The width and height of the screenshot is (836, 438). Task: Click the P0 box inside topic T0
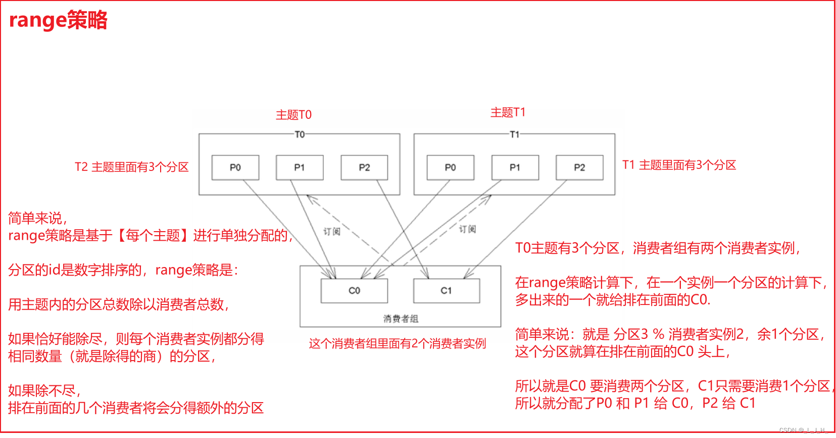click(x=235, y=167)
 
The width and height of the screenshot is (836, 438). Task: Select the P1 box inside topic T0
click(x=300, y=167)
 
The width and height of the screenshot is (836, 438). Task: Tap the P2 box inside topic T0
click(x=364, y=167)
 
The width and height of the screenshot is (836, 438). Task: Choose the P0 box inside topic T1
click(x=450, y=167)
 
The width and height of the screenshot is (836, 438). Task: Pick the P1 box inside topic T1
click(x=515, y=167)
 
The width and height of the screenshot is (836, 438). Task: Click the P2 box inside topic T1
click(x=579, y=167)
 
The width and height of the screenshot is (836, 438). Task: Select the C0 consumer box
click(x=354, y=291)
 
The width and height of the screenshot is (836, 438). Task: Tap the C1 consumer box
click(x=446, y=291)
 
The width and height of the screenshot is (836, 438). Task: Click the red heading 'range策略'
click(x=58, y=20)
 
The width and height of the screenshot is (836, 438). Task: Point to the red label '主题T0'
click(x=293, y=115)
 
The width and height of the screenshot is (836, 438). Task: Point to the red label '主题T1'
click(x=508, y=112)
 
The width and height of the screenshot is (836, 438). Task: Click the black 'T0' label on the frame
click(x=300, y=135)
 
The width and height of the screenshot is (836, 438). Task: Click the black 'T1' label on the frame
click(x=514, y=135)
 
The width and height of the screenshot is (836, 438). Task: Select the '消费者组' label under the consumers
click(x=401, y=319)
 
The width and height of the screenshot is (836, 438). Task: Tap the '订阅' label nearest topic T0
click(x=332, y=232)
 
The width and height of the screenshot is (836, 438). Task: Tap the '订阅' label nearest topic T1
click(x=467, y=229)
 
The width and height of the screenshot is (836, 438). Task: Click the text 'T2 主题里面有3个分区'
click(x=131, y=167)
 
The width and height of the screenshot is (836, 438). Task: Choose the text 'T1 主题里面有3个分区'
click(x=679, y=165)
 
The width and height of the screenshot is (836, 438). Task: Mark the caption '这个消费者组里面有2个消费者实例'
click(x=397, y=344)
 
